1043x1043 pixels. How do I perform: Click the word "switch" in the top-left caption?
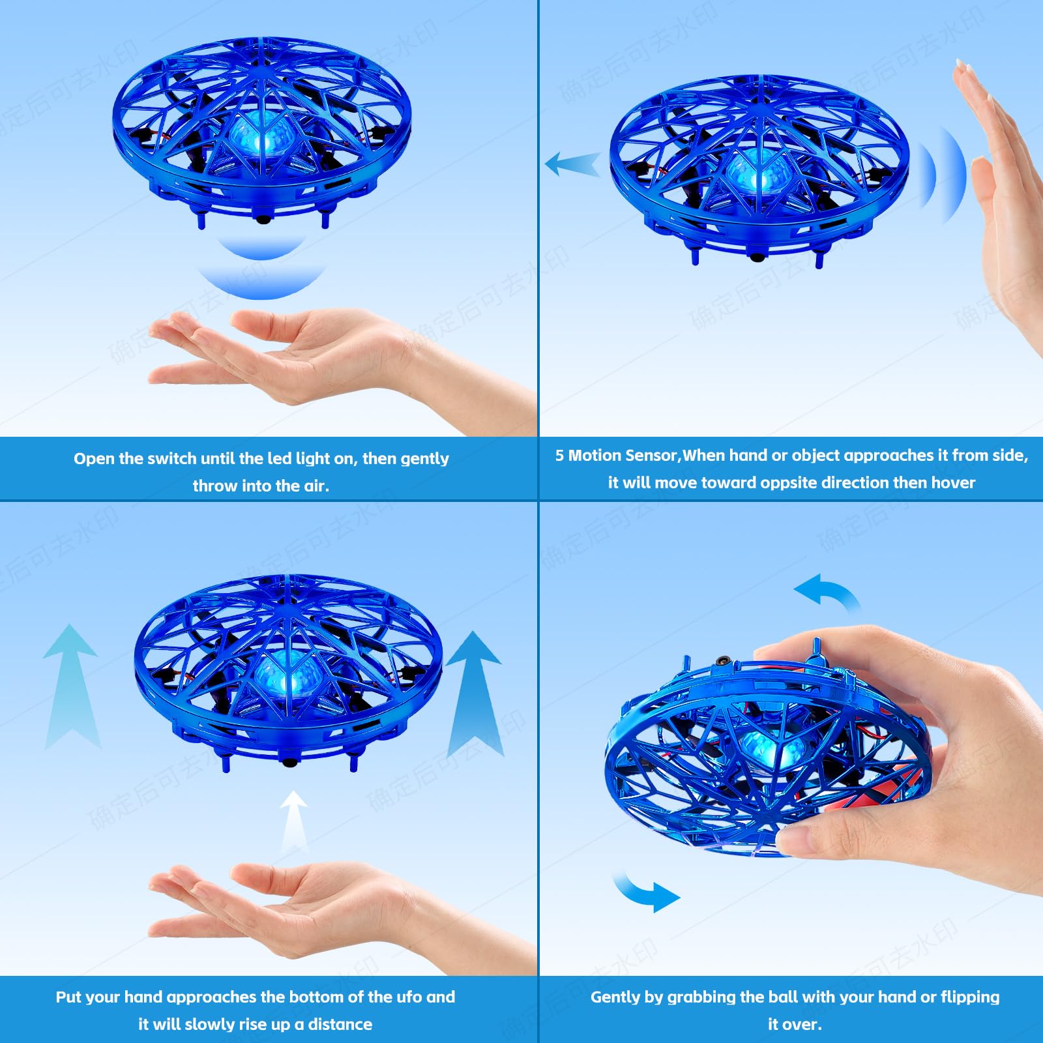pos(171,459)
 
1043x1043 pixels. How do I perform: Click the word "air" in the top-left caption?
pos(315,486)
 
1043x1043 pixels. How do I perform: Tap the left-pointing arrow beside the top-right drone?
pos(572,164)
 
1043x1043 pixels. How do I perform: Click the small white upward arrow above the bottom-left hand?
pos(294,818)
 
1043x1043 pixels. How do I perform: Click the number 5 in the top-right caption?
pos(559,456)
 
